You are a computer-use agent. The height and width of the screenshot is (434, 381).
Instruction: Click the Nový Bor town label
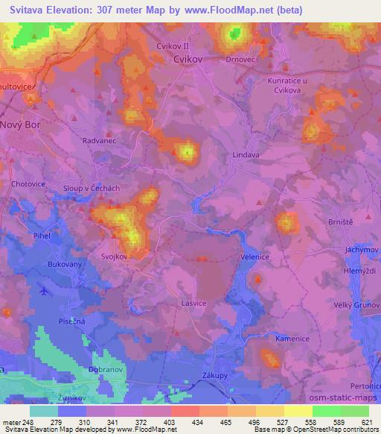pyautogui.click(x=21, y=125)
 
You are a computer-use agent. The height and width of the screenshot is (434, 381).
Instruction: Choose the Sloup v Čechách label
pyautogui.click(x=92, y=189)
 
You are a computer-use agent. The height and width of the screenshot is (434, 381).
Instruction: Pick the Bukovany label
pyautogui.click(x=65, y=264)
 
